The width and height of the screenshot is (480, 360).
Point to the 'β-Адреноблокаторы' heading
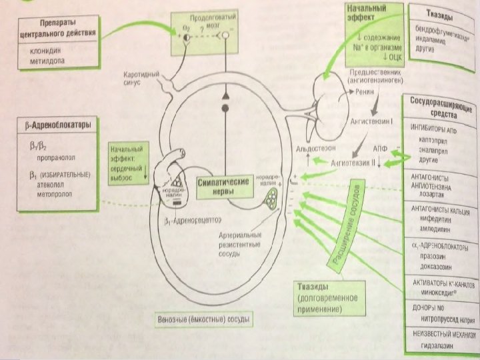53,125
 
